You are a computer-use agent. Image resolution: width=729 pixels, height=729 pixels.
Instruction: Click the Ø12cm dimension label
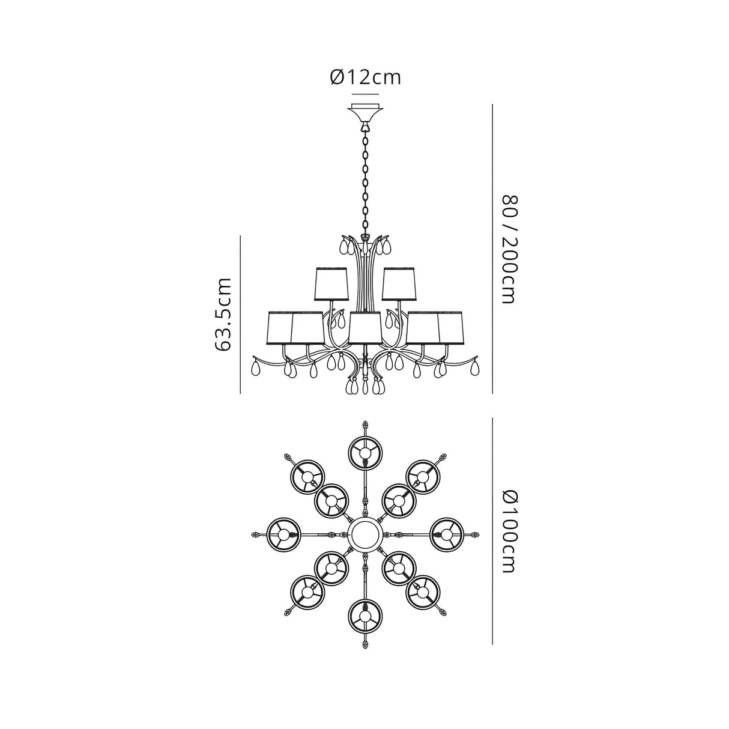[365, 77]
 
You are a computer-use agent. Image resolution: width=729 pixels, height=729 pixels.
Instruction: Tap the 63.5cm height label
[222, 315]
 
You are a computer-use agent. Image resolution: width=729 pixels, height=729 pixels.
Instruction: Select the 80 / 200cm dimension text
[509, 249]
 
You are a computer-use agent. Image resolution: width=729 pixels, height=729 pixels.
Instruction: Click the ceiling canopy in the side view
[365, 112]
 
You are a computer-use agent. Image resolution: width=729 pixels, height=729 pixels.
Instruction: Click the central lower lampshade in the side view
[365, 328]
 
